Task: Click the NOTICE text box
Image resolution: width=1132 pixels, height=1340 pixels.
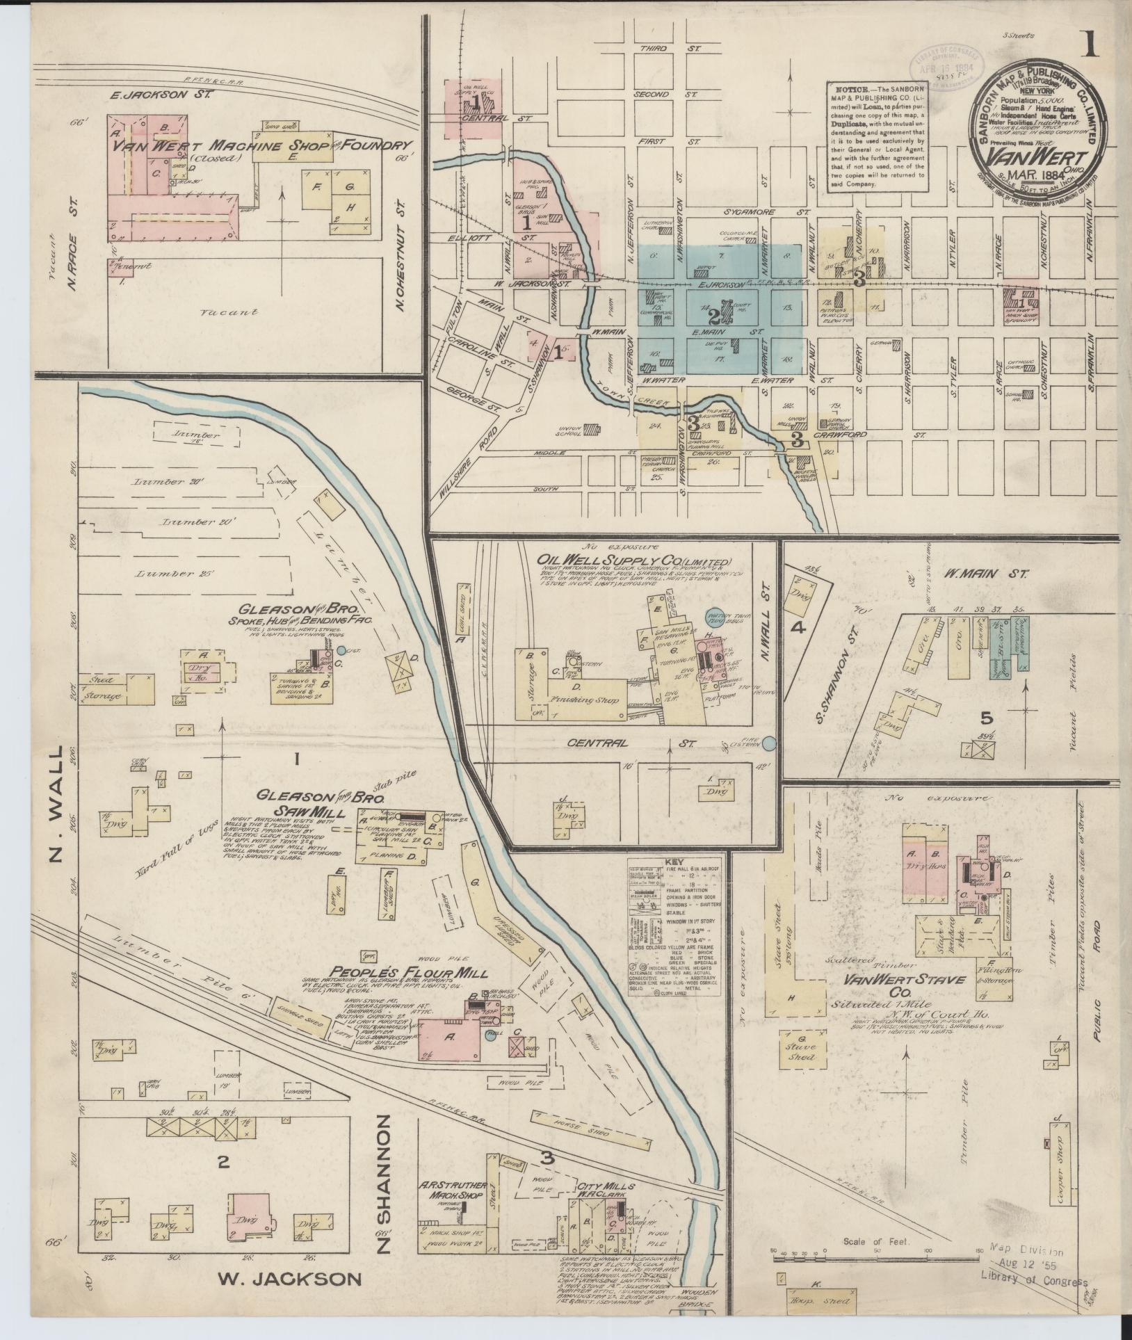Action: pos(875,136)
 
